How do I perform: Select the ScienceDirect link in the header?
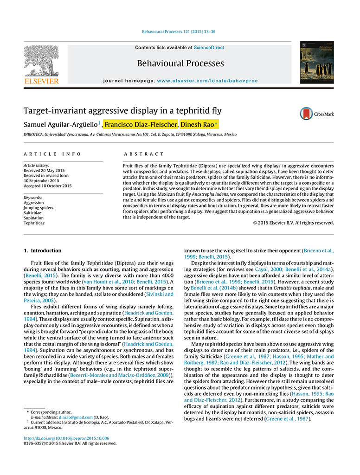(x=209, y=48)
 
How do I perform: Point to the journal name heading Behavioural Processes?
(x=180, y=64)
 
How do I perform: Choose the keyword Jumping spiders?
(x=39, y=208)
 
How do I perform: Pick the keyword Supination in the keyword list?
(x=34, y=218)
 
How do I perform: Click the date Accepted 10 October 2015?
(x=47, y=186)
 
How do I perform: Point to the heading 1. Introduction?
(x=42, y=250)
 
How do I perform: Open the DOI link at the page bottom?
(x=66, y=438)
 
